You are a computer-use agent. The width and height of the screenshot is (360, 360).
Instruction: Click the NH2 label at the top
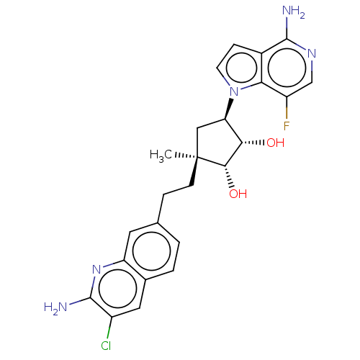tap(294, 12)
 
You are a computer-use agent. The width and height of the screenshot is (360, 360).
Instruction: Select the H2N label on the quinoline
tap(55, 307)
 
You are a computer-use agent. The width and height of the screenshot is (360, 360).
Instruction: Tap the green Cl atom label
tap(106, 346)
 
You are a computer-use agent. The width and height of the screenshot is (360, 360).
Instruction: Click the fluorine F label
tap(287, 126)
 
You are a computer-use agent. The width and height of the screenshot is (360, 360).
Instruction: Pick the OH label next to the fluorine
tap(276, 143)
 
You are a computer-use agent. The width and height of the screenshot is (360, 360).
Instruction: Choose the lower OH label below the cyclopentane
tap(238, 194)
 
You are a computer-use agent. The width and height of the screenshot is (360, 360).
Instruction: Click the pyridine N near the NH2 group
tap(312, 53)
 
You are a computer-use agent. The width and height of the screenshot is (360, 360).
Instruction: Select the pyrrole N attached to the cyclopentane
tap(234, 91)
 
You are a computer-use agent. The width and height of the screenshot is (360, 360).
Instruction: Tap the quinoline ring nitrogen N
tap(96, 269)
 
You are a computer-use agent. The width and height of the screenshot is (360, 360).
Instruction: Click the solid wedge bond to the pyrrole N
tap(228, 109)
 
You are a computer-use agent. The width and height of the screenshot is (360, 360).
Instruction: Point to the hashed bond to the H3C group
tap(186, 156)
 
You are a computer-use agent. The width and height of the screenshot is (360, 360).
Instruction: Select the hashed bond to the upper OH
tap(253, 143)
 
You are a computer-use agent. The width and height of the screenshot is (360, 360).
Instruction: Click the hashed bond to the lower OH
tap(229, 176)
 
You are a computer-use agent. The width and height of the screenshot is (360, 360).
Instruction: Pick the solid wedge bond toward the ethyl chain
tap(194, 172)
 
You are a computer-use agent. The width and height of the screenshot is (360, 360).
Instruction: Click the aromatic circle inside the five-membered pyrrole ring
tap(241, 68)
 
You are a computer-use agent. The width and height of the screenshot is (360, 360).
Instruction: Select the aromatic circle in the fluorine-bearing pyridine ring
tap(287, 68)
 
